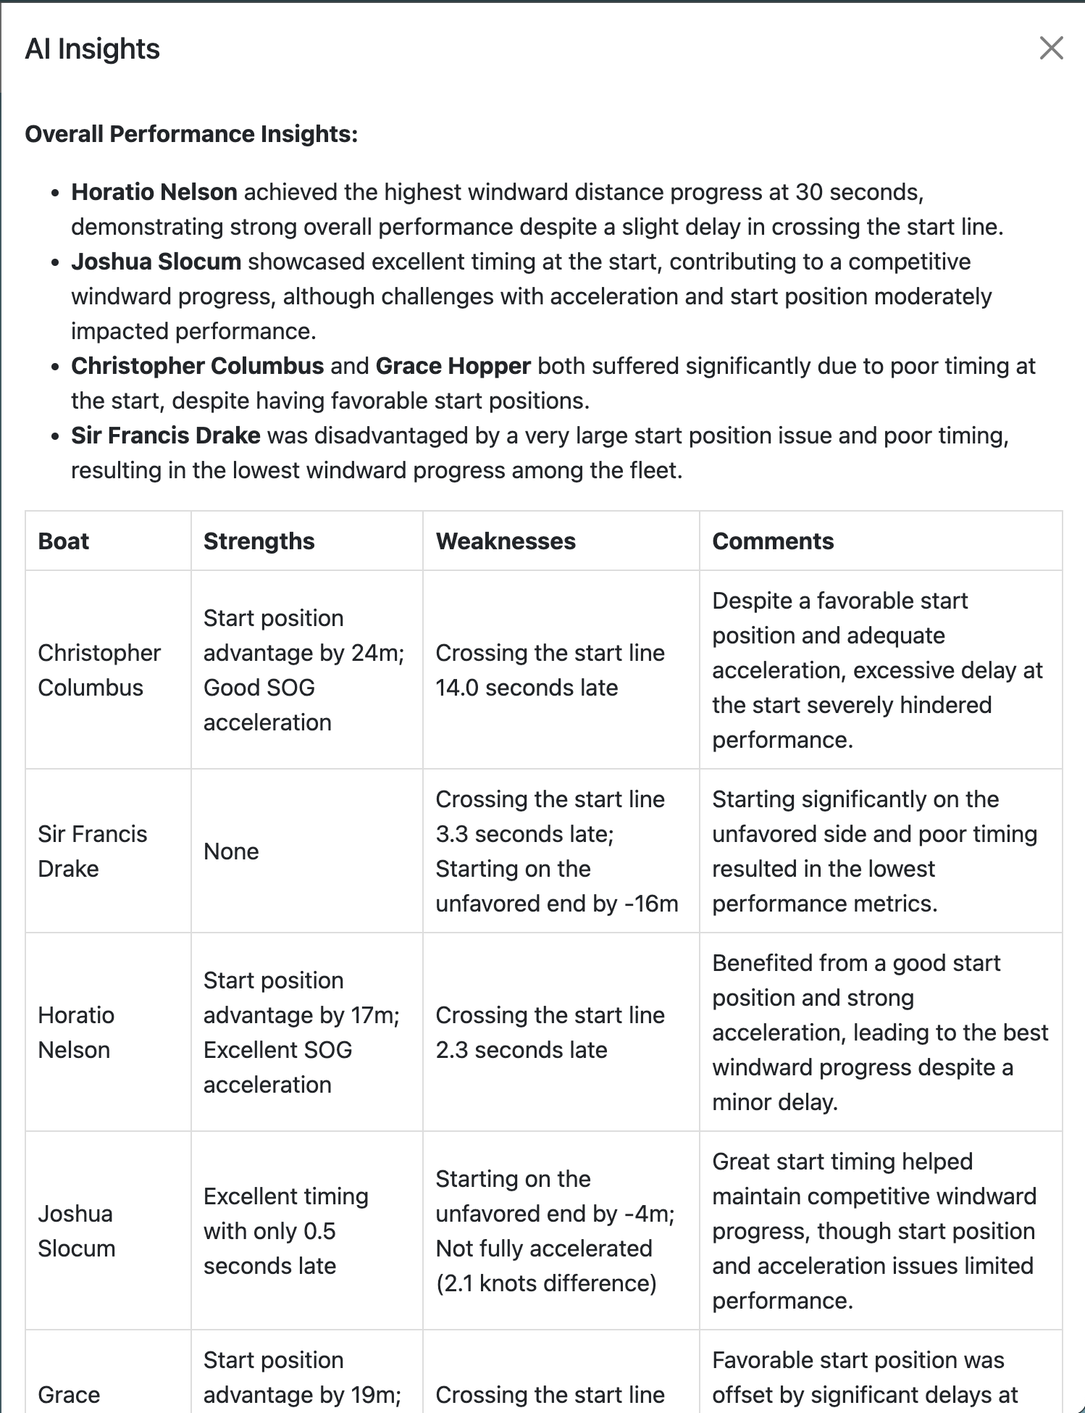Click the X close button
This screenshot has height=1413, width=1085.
[1051, 49]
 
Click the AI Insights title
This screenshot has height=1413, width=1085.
[92, 49]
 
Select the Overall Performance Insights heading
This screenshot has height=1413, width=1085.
[191, 134]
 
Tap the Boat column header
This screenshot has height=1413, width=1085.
[64, 541]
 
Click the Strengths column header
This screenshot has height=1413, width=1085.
[259, 541]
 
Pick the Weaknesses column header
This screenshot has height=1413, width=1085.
[506, 541]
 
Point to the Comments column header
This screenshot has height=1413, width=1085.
[773, 541]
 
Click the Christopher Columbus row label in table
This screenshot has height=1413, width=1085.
[99, 670]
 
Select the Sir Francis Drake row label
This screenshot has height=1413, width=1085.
[92, 851]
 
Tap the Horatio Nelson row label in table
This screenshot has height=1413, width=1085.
[76, 1033]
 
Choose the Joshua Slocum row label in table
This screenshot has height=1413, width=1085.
[76, 1231]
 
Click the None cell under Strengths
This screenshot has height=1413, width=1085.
[231, 851]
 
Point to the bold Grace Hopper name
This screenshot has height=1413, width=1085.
[453, 366]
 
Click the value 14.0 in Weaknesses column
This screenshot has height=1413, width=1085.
[457, 688]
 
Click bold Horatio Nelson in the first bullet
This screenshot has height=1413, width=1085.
[154, 192]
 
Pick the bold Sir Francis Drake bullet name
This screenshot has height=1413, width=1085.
[165, 435]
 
